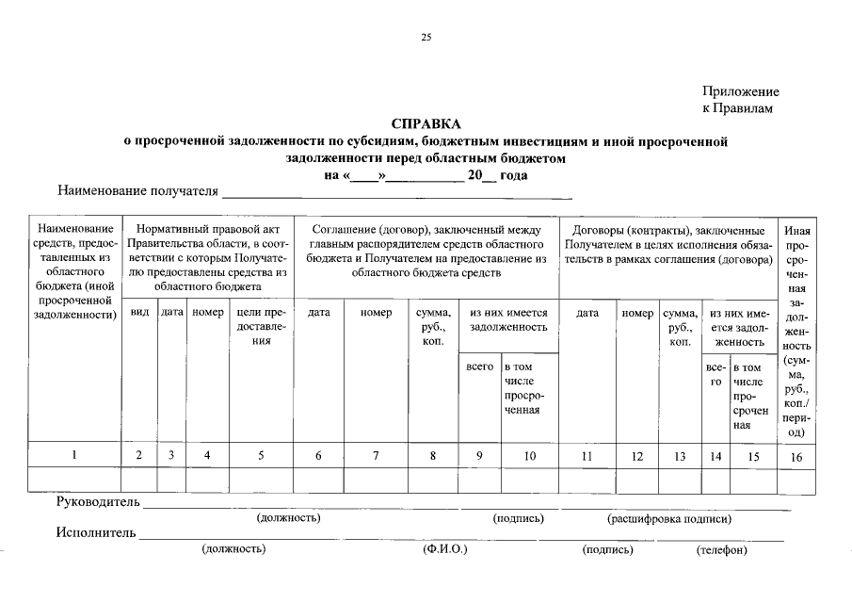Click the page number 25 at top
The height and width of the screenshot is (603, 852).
tap(426, 38)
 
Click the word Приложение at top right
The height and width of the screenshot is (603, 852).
tap(741, 91)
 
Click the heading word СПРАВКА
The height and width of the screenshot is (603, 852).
tap(426, 124)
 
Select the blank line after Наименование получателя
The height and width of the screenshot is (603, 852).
tap(396, 193)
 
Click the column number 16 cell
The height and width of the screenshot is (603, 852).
tap(796, 456)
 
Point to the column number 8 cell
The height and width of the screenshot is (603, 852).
tap(432, 456)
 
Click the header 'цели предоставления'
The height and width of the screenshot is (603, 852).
tap(261, 326)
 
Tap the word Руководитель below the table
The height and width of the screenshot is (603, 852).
tap(98, 500)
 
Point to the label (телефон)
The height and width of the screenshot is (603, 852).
tap(721, 550)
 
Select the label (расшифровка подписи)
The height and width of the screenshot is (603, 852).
tap(669, 518)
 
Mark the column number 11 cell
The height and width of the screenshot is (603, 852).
tap(588, 456)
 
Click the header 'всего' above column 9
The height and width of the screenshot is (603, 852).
tap(479, 366)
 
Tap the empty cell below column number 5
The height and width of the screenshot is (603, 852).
tap(261, 480)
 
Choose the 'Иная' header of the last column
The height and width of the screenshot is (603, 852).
tap(796, 231)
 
